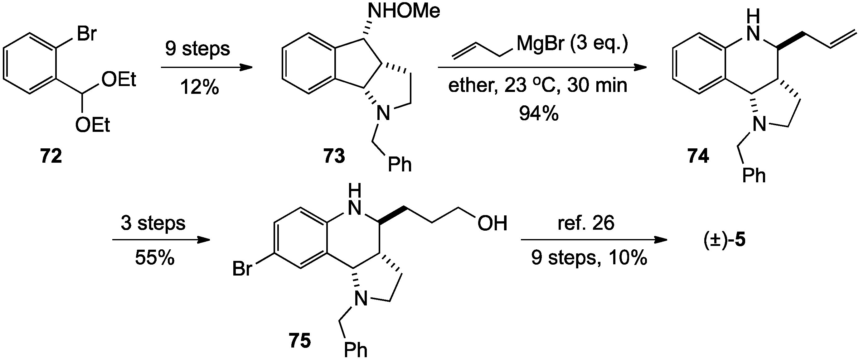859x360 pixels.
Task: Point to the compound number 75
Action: pyautogui.click(x=300, y=341)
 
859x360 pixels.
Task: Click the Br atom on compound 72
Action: pyautogui.click(x=86, y=34)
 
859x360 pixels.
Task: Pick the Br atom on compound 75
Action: pyautogui.click(x=242, y=269)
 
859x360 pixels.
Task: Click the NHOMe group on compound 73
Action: pyautogui.click(x=404, y=11)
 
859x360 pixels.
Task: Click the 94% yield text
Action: pyautogui.click(x=539, y=114)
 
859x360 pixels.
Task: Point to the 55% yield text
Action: pyautogui.click(x=155, y=258)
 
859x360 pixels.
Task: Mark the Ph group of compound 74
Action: pyautogui.click(x=754, y=175)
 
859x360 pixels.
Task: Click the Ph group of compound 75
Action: pyautogui.click(x=356, y=350)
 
